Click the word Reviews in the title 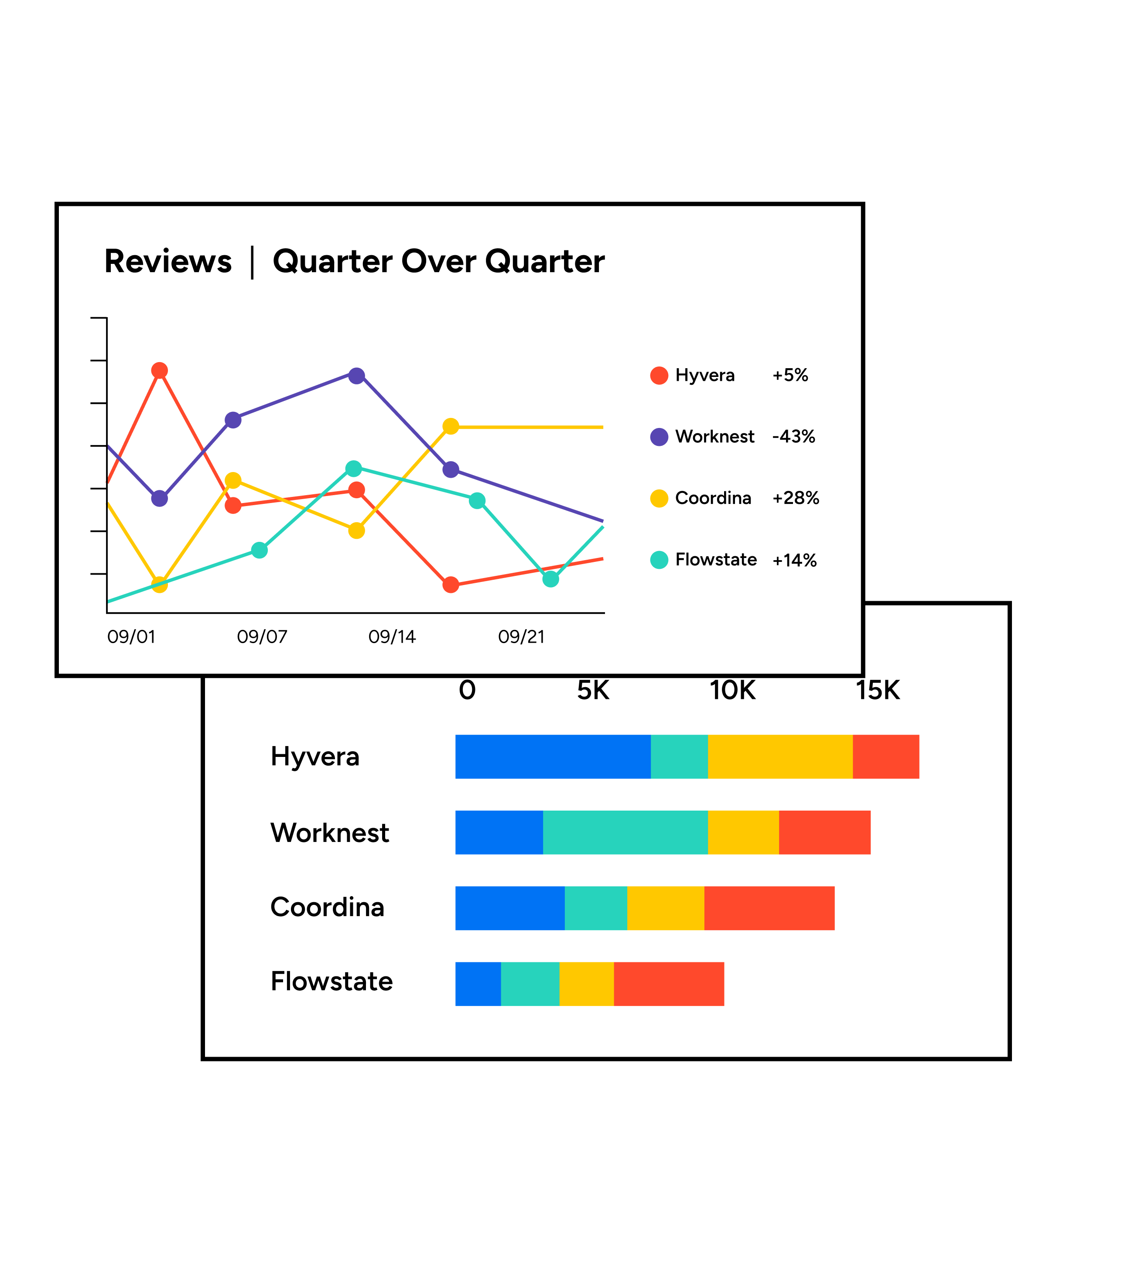coord(168,261)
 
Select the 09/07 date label coord(262,637)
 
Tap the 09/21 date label coord(521,637)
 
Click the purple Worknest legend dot coord(659,437)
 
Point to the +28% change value coord(796,498)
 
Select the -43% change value coord(793,437)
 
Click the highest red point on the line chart coord(160,370)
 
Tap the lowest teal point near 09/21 coord(550,579)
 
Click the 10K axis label coord(732,690)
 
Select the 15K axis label coord(878,690)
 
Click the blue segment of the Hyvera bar coord(553,757)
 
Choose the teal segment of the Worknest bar coord(625,832)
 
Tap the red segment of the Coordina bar coord(769,908)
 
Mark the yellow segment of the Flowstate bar coord(586,984)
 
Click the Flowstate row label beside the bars coord(332,982)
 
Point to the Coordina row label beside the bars coord(327,907)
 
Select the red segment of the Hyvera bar coord(885,757)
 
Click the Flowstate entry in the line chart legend coord(716,559)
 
